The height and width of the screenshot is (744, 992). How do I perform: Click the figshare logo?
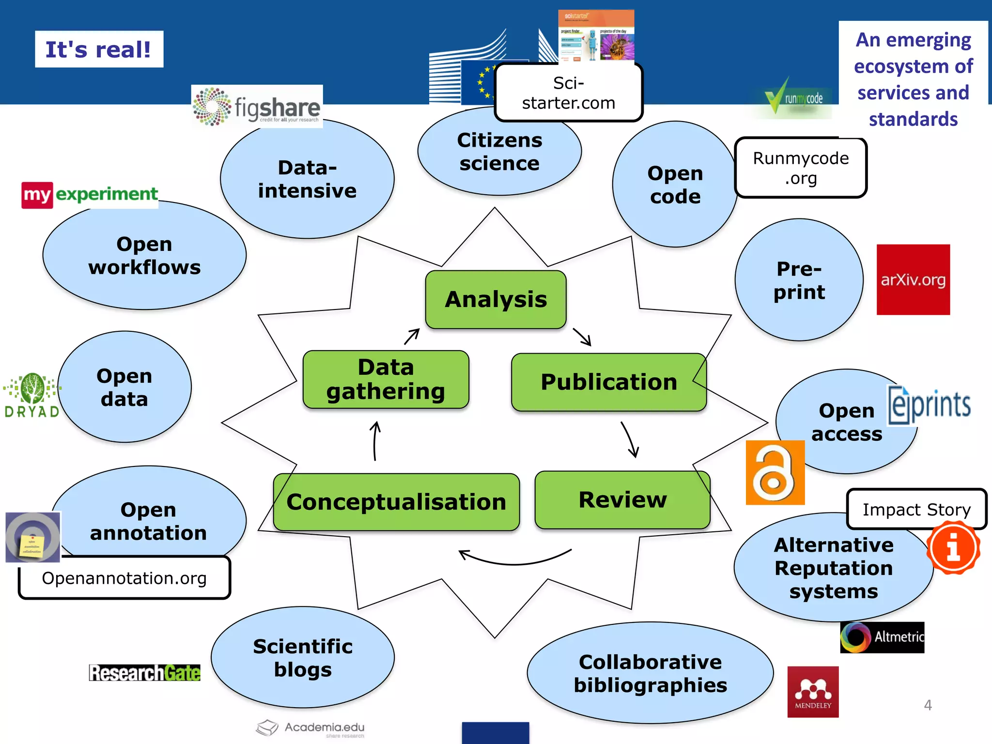point(257,107)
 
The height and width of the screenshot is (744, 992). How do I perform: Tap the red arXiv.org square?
point(913,279)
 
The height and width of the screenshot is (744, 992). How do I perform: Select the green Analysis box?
point(496,299)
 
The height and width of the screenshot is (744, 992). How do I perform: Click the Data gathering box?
point(386,380)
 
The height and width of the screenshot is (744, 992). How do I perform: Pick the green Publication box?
point(608,382)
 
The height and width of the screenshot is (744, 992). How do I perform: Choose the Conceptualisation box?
point(396,502)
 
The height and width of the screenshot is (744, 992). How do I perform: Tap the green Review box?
point(622,500)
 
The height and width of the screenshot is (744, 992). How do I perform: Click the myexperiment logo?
point(90,195)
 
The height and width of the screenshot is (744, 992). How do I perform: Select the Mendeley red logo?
point(813,692)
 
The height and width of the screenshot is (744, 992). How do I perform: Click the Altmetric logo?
point(882,637)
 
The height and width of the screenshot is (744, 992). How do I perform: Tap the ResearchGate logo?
point(144,673)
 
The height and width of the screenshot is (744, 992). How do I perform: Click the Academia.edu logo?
point(310,728)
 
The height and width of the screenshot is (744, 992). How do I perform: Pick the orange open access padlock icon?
point(775,473)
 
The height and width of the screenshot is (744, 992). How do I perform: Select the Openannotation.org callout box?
point(124,578)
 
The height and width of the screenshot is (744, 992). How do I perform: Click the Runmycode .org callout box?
point(801,168)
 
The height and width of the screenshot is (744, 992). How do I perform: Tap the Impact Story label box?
point(916,510)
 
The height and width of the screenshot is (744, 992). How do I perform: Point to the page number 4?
point(928,705)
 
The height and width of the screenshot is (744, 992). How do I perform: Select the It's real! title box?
point(99,49)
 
